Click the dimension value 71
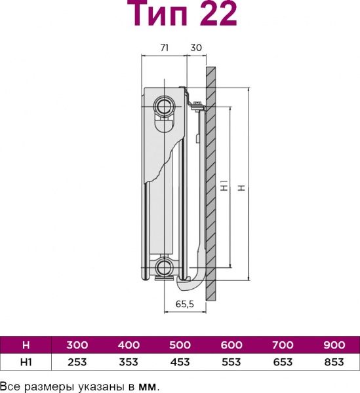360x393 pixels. [x=165, y=48]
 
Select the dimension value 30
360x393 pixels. [x=196, y=48]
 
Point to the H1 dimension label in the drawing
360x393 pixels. [x=224, y=187]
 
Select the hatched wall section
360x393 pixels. [x=210, y=183]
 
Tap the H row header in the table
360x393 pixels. [x=26, y=345]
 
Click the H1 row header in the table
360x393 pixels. [x=26, y=362]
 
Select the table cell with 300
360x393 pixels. [x=77, y=345]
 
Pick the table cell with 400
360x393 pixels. [x=128, y=345]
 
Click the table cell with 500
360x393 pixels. [x=179, y=345]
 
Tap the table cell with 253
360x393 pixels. [x=77, y=362]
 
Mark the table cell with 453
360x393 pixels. [x=179, y=362]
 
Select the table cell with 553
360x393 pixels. [x=230, y=362]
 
